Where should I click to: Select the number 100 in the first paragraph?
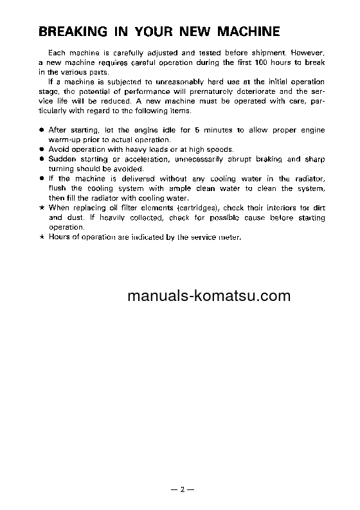click(258, 62)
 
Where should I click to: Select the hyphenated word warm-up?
click(63, 140)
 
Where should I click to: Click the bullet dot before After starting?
click(41, 130)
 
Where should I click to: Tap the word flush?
click(59, 189)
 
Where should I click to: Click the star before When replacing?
click(41, 209)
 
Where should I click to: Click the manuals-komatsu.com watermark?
click(191, 296)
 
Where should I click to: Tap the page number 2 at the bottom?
click(182, 490)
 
